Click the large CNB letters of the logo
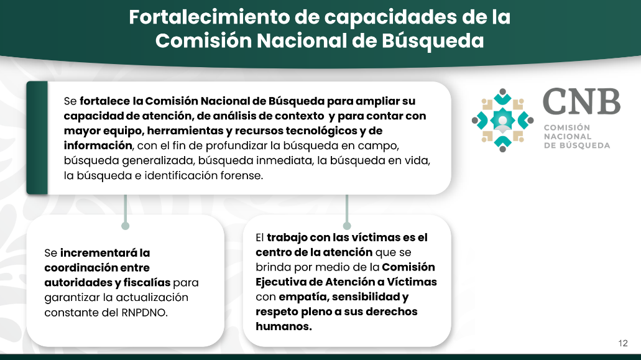[581, 102]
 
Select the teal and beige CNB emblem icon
[502, 120]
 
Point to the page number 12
[622, 343]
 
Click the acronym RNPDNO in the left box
[144, 313]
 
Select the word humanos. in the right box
[284, 326]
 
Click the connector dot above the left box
[126, 226]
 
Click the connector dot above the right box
[347, 226]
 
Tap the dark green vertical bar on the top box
[37, 137]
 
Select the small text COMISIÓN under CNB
[566, 127]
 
